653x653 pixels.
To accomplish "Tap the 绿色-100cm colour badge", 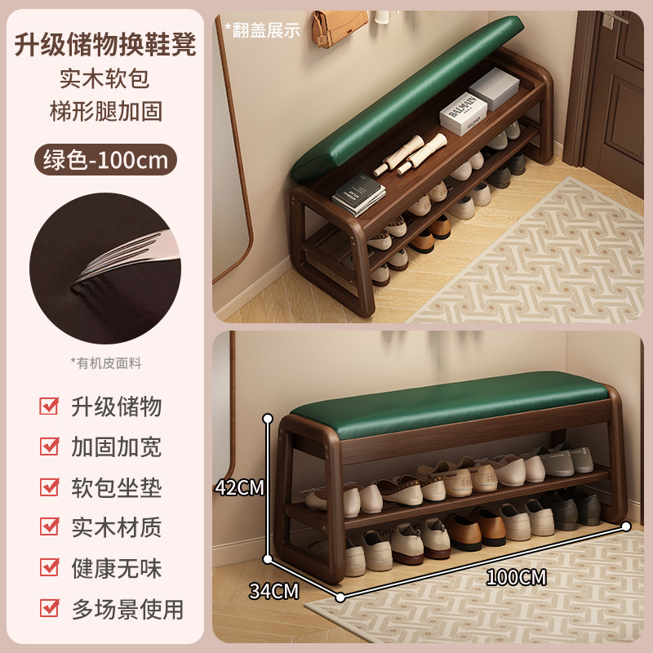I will click(105, 159).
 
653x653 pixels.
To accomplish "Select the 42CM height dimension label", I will click(239, 487).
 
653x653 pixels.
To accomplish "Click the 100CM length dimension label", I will click(516, 577).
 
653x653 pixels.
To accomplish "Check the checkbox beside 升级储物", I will click(50, 406).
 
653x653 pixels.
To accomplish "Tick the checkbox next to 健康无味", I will click(50, 567).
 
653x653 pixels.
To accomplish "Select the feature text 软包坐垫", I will click(116, 487).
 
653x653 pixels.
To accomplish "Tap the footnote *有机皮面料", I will click(105, 363).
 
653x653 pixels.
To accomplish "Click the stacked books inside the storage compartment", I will click(359, 196).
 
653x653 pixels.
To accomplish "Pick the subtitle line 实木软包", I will click(105, 79).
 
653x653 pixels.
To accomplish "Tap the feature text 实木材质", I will click(116, 527).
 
